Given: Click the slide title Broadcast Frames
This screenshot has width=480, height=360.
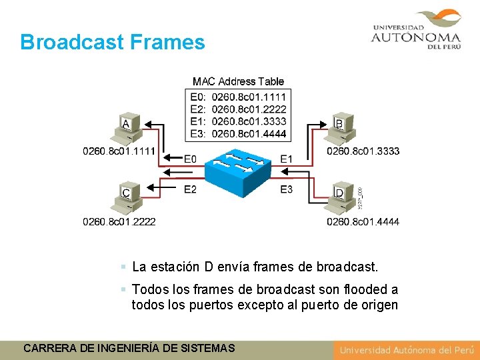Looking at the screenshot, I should click(x=112, y=42).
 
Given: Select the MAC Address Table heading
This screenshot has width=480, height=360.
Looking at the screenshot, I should click(x=238, y=81).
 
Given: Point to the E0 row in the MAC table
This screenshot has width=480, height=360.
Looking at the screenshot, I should click(x=238, y=97).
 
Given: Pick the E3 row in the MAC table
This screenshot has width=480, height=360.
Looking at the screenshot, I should click(x=238, y=133).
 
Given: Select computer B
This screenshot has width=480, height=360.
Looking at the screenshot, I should click(x=343, y=129).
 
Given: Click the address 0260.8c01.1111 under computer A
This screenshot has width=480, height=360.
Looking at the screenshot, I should click(x=119, y=151).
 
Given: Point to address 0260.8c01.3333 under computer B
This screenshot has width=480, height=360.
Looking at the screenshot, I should click(x=363, y=151).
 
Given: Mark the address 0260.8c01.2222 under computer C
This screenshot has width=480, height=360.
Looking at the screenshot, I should click(x=119, y=221).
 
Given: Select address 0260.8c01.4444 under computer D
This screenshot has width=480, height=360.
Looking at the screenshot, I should click(x=363, y=221).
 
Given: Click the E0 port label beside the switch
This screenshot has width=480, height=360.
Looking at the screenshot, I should click(x=190, y=159).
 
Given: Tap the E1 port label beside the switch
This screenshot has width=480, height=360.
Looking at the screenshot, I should click(x=286, y=159).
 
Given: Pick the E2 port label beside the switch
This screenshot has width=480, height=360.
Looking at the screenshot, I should click(x=190, y=189).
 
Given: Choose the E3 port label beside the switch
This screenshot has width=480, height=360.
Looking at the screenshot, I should click(x=286, y=189).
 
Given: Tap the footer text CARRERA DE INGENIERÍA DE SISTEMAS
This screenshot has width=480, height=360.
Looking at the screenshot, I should click(x=129, y=348).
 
